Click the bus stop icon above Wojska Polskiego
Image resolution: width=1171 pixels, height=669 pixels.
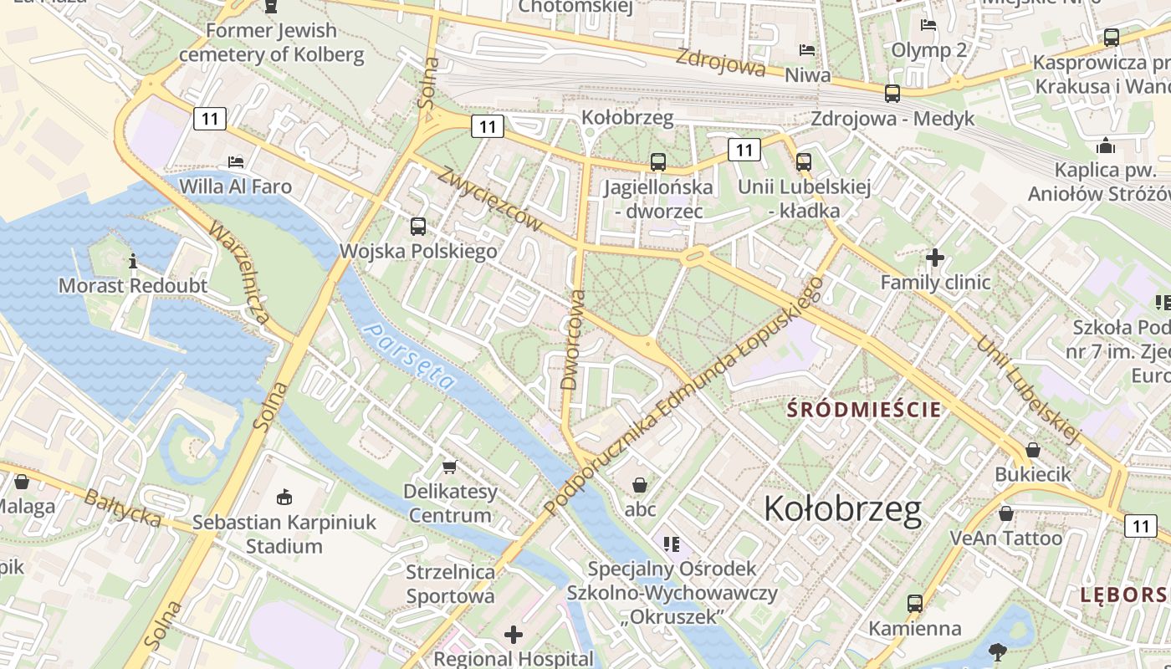(x=417, y=226)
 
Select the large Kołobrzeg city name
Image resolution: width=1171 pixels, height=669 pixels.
(x=842, y=508)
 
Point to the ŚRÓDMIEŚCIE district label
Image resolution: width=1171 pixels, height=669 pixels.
(x=865, y=410)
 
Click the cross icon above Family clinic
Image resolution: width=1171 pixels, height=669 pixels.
(x=935, y=258)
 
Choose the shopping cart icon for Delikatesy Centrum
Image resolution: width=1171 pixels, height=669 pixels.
(x=450, y=467)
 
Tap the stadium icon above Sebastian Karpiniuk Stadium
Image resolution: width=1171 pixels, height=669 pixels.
(x=284, y=497)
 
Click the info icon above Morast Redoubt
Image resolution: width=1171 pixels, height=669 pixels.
(x=133, y=261)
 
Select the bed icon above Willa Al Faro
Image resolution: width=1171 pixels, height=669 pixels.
(x=236, y=161)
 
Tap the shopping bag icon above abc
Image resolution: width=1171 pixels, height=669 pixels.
(x=640, y=484)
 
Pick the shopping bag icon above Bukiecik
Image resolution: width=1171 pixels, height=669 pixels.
(x=1033, y=450)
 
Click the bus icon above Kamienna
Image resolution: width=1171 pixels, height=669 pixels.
(x=914, y=603)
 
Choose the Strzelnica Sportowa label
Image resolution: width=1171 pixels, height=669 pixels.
(x=450, y=585)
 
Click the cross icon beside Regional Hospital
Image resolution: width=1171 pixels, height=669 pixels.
(x=514, y=635)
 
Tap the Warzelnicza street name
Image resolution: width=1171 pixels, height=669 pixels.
(x=238, y=273)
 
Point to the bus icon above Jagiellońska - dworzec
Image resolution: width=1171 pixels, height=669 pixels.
(x=658, y=161)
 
